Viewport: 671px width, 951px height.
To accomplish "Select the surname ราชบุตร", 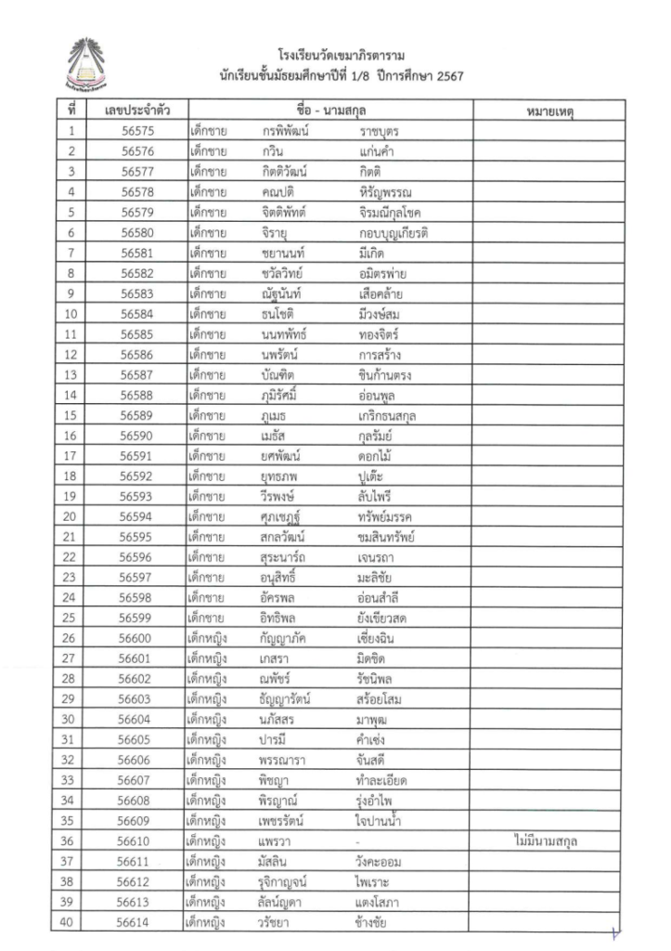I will (x=385, y=132).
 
